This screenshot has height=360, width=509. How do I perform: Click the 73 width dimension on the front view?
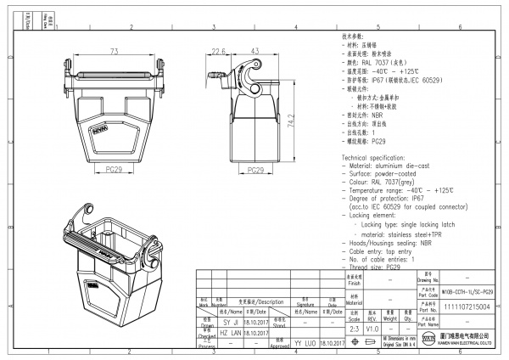[x=112, y=51]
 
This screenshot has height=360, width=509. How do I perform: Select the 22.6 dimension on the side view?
[x=217, y=51]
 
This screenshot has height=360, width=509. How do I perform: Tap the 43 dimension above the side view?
[x=255, y=51]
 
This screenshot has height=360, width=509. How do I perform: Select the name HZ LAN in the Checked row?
[x=230, y=335]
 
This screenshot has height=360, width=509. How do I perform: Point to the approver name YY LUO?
[x=304, y=346]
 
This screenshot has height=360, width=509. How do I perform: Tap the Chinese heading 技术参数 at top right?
[x=354, y=38]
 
